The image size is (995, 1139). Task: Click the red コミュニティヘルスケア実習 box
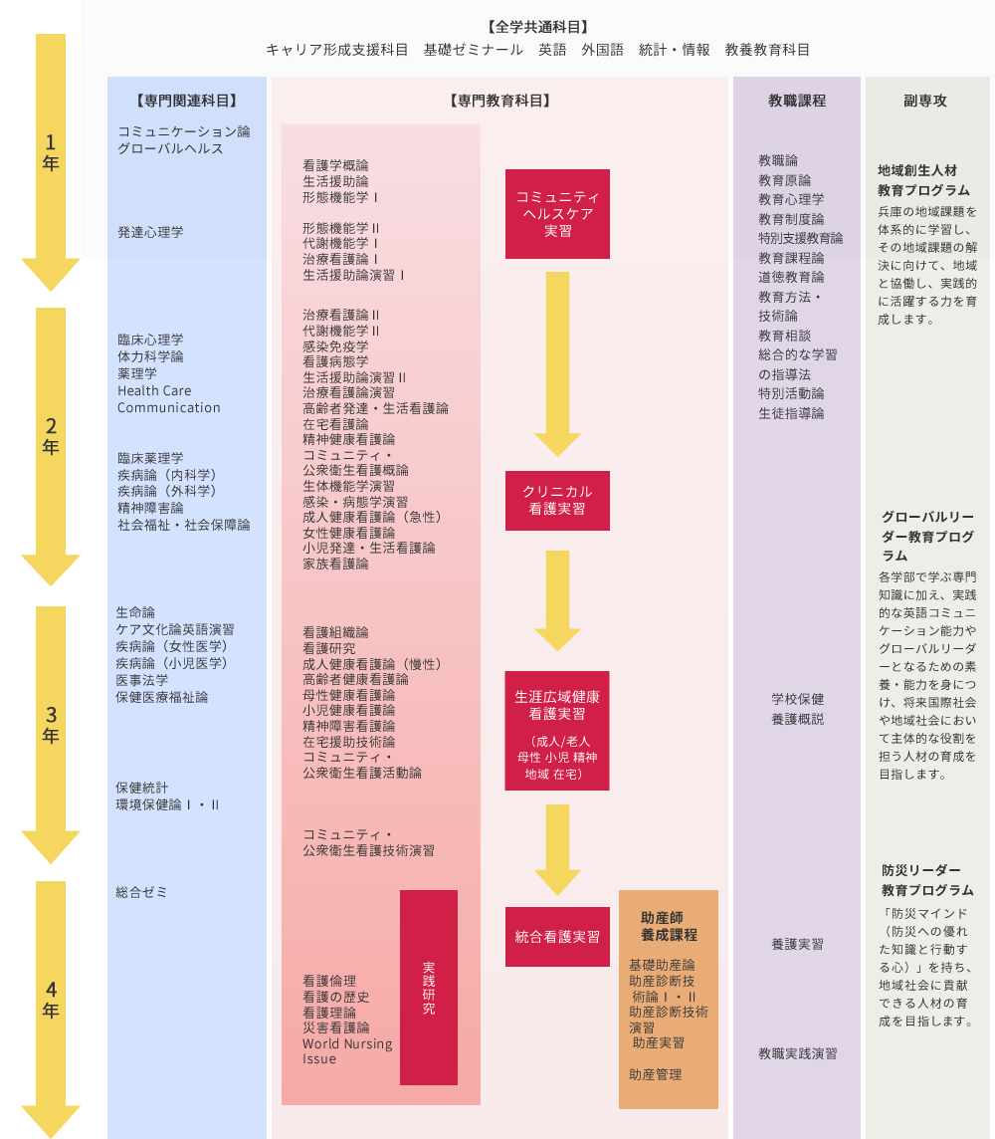[557, 213]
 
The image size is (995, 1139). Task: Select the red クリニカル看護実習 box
[557, 501]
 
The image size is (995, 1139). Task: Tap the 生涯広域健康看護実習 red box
[557, 731]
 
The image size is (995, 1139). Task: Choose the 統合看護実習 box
[557, 937]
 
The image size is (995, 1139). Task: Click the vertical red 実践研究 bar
[429, 988]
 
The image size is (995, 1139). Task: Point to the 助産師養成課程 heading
[669, 926]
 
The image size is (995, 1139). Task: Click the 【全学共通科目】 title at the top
[537, 27]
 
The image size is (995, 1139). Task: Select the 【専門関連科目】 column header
[186, 101]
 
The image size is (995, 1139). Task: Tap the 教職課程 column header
[797, 101]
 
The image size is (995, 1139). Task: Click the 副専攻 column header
[925, 101]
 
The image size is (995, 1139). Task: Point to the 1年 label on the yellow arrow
[50, 152]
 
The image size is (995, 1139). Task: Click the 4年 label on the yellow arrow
[50, 1000]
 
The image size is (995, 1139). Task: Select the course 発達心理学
[150, 232]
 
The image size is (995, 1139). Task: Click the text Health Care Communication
[168, 399]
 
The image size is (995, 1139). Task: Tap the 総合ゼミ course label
[141, 892]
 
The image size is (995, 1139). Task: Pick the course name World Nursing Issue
[347, 1051]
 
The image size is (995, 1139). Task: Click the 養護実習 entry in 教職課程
[797, 944]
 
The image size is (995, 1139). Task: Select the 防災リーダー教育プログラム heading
[927, 880]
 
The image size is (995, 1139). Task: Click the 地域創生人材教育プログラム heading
[923, 180]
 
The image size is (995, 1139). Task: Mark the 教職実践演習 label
[797, 1053]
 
